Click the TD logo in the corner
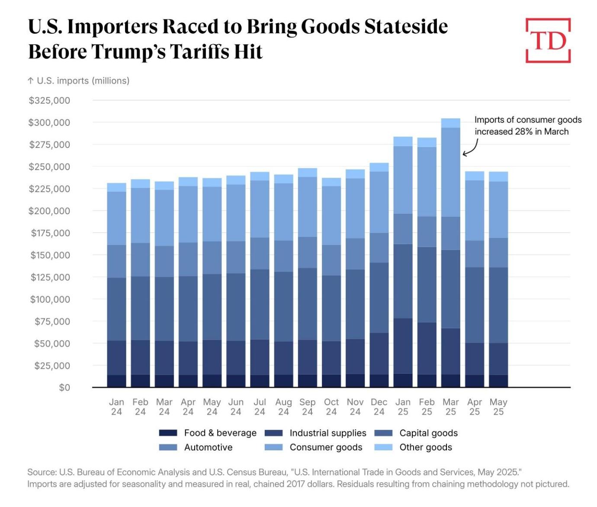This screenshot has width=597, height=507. pos(548,41)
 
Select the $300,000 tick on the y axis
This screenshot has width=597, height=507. pos(49,122)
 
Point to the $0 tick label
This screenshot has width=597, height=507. pos(64,388)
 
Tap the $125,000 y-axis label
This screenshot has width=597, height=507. pos(50,277)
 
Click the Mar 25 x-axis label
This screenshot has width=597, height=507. pos(451,407)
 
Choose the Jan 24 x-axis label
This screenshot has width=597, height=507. pos(116,407)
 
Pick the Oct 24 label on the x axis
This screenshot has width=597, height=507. pos(331,407)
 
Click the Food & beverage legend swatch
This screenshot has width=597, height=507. pos(168,433)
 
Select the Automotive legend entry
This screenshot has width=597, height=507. pos(208,447)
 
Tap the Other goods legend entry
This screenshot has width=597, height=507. pos(426,447)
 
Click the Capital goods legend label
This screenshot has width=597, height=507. pos(428,433)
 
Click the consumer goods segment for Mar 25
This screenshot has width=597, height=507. pos(451,172)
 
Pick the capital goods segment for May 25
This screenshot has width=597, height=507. pos(498,305)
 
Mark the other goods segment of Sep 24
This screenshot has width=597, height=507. pos(307,172)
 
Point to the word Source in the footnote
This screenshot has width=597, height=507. pos(41,472)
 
